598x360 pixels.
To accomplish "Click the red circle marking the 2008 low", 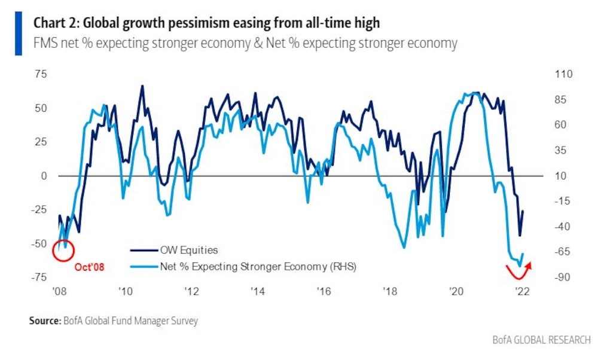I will [63, 251].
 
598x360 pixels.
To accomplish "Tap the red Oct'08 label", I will [89, 267].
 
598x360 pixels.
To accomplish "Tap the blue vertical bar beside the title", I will [19, 33].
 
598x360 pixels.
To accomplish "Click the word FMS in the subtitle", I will [45, 44].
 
